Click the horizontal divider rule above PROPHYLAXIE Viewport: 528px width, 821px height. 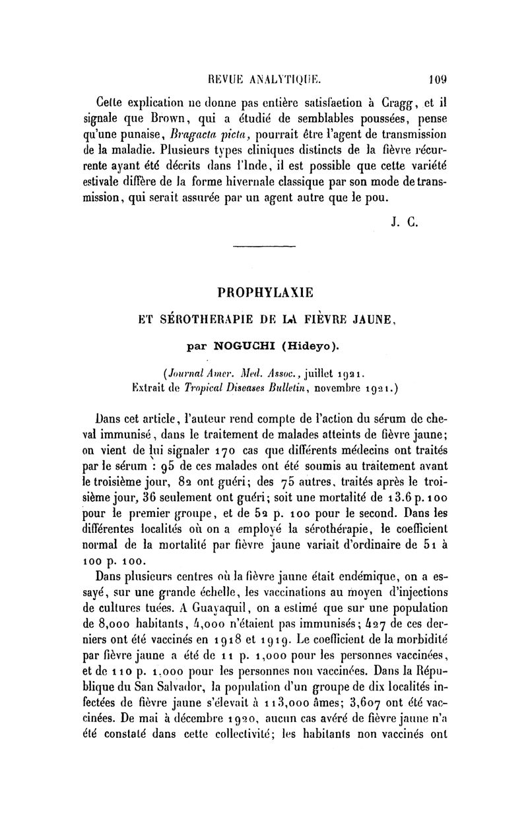coord(262,245)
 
